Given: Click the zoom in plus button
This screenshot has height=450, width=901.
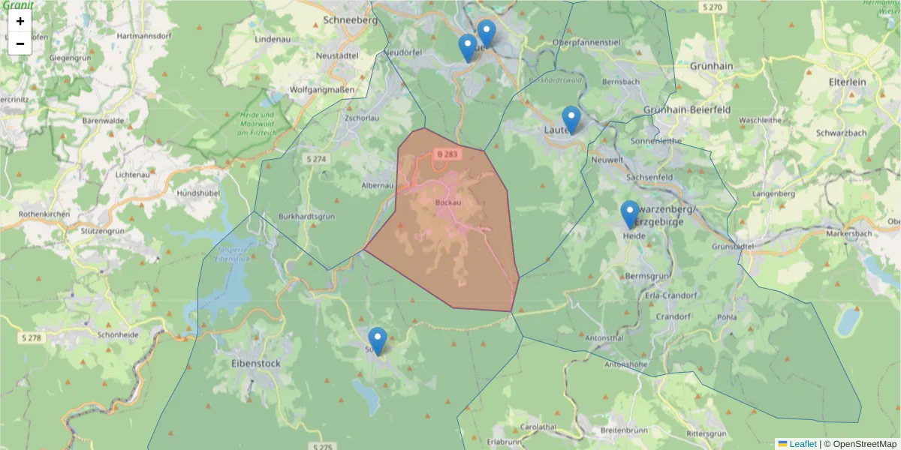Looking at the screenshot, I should point(20,21).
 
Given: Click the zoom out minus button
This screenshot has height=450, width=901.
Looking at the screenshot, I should point(20,43).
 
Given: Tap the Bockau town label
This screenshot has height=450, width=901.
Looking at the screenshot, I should point(447,202).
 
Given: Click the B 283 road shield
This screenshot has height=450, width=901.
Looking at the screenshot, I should point(446,154).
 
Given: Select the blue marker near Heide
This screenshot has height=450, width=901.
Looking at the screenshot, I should point(630,214).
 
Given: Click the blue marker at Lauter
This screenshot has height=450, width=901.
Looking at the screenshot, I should point(571,119).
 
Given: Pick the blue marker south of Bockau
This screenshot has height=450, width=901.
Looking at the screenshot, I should point(378,340).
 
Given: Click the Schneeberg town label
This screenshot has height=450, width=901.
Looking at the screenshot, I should point(350,21).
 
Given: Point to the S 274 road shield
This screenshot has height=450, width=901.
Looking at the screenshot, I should point(317,159).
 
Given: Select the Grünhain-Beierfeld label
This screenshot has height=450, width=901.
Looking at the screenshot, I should point(687,109).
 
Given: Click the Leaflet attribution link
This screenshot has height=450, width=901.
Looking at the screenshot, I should point(802,444).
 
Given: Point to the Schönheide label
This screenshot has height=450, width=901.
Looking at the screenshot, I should point(119,334).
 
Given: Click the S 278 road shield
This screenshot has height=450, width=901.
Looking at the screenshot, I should point(32,338).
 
